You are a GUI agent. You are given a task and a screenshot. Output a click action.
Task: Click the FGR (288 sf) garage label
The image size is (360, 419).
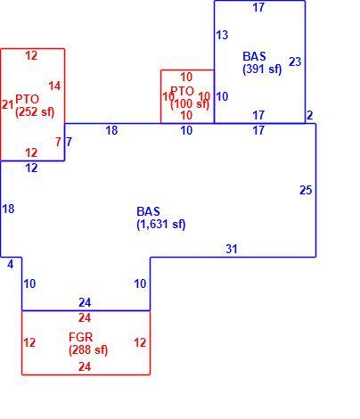pyautogui.click(x=88, y=343)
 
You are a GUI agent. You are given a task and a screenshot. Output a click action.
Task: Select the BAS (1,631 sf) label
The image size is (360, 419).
pyautogui.click(x=161, y=218)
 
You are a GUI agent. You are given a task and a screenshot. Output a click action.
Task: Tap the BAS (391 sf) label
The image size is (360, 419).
pyautogui.click(x=262, y=62)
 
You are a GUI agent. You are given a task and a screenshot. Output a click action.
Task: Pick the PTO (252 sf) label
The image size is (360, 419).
pyautogui.click(x=35, y=105)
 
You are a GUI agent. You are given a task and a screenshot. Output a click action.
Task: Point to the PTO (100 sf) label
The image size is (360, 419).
pyautogui.click(x=190, y=97)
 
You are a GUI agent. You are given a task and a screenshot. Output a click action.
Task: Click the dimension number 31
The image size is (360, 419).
pyautogui.click(x=232, y=249)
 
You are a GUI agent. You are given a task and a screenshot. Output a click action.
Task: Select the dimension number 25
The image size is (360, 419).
pyautogui.click(x=306, y=190)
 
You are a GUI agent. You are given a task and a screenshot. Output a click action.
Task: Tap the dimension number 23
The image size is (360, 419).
pyautogui.click(x=295, y=62)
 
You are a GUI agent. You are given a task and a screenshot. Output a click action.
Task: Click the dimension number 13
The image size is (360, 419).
pyautogui.click(x=222, y=35)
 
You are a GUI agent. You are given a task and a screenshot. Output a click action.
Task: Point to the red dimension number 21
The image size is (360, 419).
pyautogui.click(x=8, y=104)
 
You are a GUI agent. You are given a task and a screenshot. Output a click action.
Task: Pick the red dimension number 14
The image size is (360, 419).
pyautogui.click(x=54, y=86)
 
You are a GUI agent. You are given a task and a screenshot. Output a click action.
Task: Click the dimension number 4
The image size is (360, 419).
pyautogui.click(x=11, y=264)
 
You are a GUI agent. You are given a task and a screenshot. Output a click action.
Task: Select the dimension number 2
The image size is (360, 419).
pyautogui.click(x=309, y=115)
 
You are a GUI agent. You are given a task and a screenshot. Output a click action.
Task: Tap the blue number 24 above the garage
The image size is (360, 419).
pyautogui.click(x=85, y=303)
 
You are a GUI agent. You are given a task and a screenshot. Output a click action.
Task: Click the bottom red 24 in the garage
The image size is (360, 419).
pyautogui.click(x=85, y=366)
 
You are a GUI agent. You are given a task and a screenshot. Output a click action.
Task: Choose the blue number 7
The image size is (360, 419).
pyautogui.click(x=69, y=142)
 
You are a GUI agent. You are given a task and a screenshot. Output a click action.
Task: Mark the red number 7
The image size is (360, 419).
pyautogui.click(x=58, y=142)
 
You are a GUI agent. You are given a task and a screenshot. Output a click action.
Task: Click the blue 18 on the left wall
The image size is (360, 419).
pyautogui.click(x=8, y=209)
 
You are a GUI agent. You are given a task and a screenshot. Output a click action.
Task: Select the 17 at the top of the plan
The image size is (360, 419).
pyautogui.click(x=258, y=7)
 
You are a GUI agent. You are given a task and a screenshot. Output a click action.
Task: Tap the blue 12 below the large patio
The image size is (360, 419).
pyautogui.click(x=31, y=168)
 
